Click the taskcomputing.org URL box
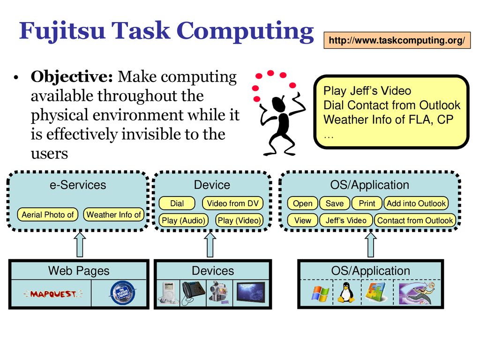[x=397, y=40]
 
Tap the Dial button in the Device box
[x=177, y=203]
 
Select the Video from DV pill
[x=232, y=203]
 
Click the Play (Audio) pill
[x=183, y=220]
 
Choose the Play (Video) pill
[x=239, y=220]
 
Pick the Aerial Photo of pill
[x=48, y=215]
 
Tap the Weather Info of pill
[x=113, y=215]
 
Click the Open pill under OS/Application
[x=302, y=203]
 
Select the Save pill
[x=335, y=203]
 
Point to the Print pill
[x=367, y=203]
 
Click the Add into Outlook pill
[x=416, y=203]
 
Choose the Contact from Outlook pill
[x=415, y=220]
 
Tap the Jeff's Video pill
[x=346, y=220]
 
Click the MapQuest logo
[x=53, y=294]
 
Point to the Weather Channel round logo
[x=123, y=293]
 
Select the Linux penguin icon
[x=346, y=292]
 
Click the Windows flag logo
[x=320, y=293]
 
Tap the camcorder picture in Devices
[x=219, y=293]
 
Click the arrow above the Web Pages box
[x=80, y=244]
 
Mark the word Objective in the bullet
[x=72, y=76]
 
